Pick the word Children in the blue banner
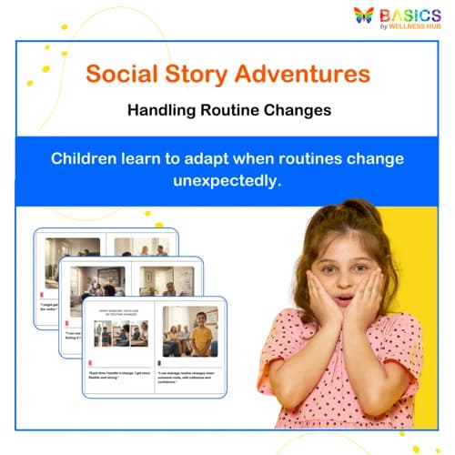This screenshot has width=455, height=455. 87,158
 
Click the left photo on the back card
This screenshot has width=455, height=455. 72,255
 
